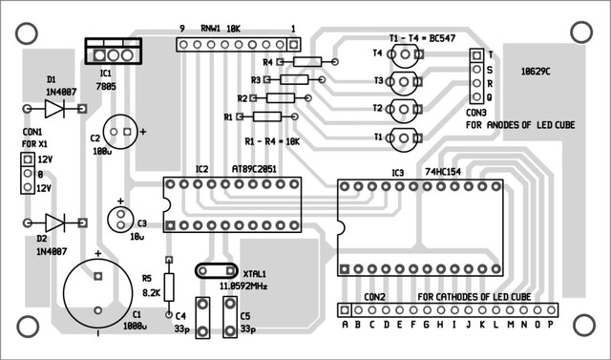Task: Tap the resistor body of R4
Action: click(x=307, y=61)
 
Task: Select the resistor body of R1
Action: click(x=267, y=116)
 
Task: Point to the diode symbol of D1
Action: click(x=54, y=108)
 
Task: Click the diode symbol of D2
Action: click(x=54, y=222)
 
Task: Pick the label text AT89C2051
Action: click(x=254, y=169)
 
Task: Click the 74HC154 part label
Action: click(x=443, y=172)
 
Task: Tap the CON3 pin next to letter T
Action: click(x=476, y=55)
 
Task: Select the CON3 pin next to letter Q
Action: click(x=476, y=96)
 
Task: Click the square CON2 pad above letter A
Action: click(x=345, y=310)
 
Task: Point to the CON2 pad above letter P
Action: click(x=551, y=310)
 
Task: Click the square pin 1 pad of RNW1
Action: click(x=294, y=45)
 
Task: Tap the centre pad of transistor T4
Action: click(x=405, y=53)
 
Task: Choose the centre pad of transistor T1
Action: click(x=405, y=138)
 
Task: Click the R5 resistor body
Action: click(x=169, y=287)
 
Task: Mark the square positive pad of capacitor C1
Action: click(x=97, y=276)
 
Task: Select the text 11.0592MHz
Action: click(x=243, y=286)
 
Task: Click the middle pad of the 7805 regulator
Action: click(x=113, y=55)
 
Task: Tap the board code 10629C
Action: click(x=536, y=72)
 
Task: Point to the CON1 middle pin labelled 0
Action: click(x=28, y=173)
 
